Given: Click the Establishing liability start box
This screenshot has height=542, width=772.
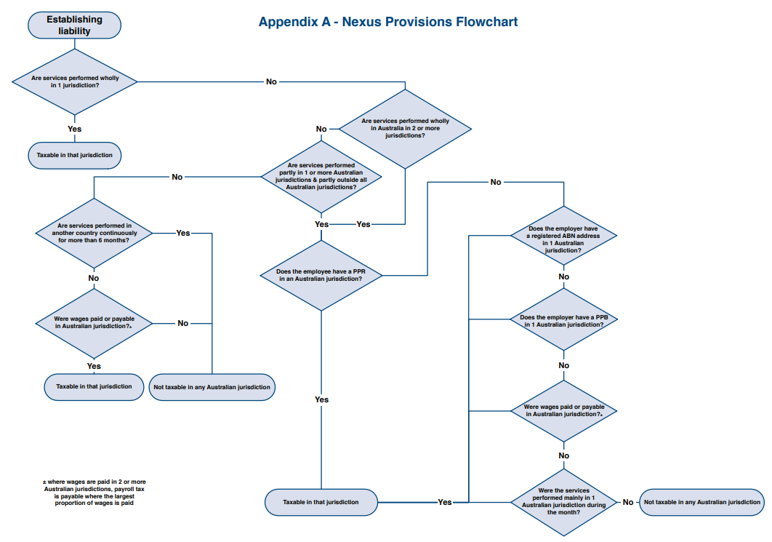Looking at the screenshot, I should [74, 25].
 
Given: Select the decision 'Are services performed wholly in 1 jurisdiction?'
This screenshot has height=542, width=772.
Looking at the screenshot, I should [75, 81].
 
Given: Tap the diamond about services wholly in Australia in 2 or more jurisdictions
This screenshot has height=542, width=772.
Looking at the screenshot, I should [405, 129].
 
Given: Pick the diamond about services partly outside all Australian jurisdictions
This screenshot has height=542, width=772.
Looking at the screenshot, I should [321, 176].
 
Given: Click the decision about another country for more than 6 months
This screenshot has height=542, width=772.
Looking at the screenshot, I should [94, 233].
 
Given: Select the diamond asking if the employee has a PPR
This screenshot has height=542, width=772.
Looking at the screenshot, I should [321, 275].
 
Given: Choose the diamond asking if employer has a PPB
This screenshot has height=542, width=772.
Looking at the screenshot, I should [563, 320].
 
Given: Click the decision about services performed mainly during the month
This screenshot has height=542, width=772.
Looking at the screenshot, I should [563, 502].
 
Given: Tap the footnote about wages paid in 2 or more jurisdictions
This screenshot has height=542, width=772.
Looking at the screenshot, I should [94, 493].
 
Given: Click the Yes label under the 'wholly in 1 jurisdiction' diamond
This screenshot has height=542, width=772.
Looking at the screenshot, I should [74, 129].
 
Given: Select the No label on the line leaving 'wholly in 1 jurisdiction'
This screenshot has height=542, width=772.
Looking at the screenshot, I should [271, 81].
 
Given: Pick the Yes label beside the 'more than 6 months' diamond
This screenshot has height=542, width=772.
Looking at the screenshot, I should [183, 233].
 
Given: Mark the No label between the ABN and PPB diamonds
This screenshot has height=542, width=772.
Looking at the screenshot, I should [563, 277].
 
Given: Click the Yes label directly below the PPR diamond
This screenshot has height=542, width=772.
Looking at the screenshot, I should [321, 399].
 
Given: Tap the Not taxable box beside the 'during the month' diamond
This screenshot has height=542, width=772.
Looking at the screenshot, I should [701, 502].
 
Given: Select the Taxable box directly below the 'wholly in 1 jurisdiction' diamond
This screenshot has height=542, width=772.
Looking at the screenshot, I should [74, 155].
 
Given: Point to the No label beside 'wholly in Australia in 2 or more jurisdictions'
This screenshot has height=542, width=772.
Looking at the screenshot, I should [321, 129].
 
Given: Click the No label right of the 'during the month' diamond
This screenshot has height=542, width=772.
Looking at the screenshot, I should [627, 502].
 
